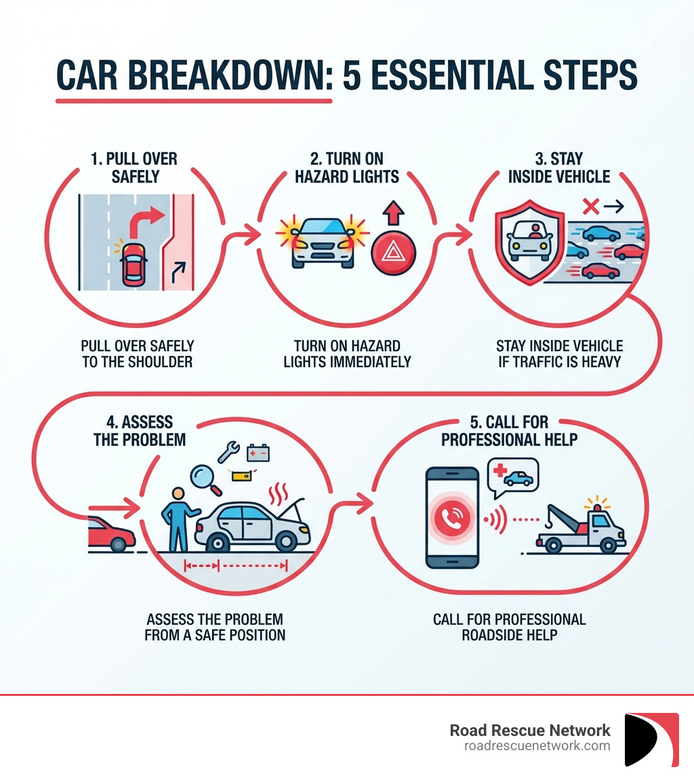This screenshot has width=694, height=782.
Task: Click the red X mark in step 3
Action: pyautogui.click(x=591, y=206)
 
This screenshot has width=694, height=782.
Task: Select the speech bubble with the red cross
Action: pyautogui.click(x=512, y=475)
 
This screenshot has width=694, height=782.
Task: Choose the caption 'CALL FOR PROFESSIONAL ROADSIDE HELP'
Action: pyautogui.click(x=509, y=627)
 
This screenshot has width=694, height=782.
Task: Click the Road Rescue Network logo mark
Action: pyautogui.click(x=651, y=739)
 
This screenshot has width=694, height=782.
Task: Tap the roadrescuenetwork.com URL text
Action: pyautogui.click(x=537, y=745)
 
